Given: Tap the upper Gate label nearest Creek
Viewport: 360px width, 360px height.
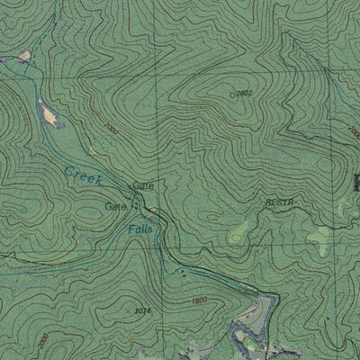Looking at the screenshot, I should point(143,184).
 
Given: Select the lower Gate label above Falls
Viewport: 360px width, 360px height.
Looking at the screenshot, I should point(114,206).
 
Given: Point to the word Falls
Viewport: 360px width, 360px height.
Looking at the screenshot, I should point(139,229).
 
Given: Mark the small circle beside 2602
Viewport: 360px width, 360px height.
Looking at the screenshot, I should point(232,93).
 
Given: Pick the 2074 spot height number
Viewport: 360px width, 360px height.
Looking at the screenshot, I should point(141,310).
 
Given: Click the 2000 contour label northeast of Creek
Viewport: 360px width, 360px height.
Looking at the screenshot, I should point(111,130).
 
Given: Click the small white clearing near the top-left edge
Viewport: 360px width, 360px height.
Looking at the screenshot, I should point(24,56).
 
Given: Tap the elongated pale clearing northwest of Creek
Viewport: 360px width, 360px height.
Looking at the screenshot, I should point(49,113).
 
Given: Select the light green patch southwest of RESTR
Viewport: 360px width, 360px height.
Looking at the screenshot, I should point(238,234).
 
